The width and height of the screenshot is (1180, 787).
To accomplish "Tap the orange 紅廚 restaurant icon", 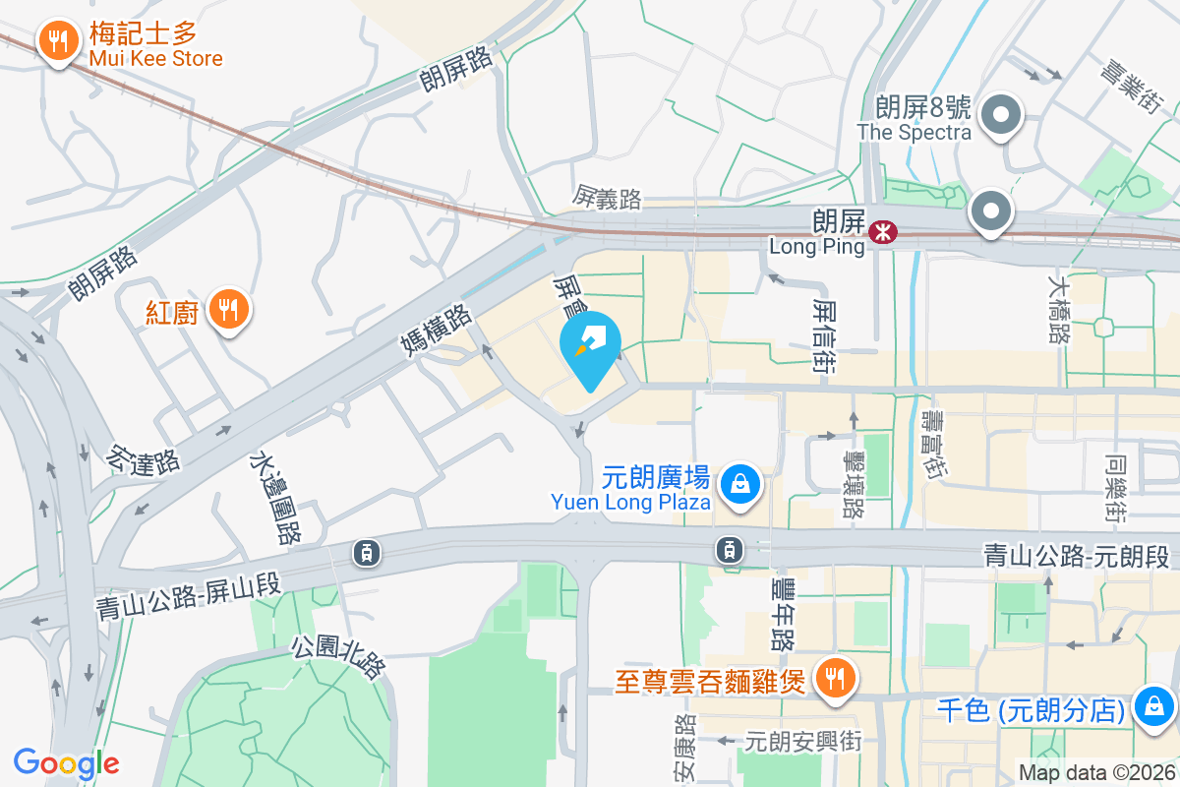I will [228, 310].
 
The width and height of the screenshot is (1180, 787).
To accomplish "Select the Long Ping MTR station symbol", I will [883, 232].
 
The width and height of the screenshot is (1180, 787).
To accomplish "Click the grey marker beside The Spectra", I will [1001, 114].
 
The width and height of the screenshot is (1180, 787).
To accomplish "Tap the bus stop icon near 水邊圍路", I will [367, 553].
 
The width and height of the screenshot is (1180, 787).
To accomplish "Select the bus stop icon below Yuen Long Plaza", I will [729, 549].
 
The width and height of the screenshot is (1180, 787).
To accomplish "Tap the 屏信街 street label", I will [825, 336].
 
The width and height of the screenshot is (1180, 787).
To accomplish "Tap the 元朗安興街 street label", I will [802, 741].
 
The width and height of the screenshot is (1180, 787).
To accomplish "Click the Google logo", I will [66, 763].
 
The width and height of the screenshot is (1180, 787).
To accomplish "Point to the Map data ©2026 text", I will [1095, 773].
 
